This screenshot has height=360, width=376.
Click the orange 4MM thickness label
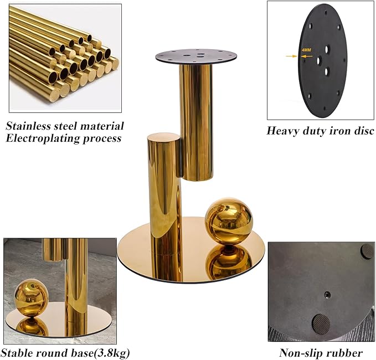click(306, 50)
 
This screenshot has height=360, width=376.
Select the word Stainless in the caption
click(28, 126)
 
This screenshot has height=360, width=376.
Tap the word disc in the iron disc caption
click(364, 131)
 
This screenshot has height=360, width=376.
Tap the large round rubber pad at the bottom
click(321, 323)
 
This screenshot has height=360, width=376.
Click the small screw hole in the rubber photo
click(327, 295)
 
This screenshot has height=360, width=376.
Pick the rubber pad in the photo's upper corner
click(367, 251)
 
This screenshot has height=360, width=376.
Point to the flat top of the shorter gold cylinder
click(164, 138)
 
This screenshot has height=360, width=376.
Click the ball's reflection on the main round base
click(229, 263)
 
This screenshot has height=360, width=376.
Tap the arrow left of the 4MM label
click(291, 56)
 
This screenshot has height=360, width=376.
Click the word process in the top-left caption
click(102, 139)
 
